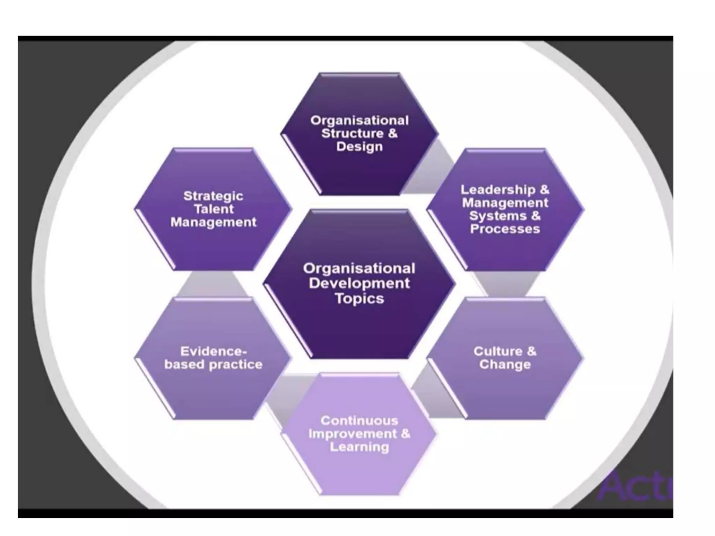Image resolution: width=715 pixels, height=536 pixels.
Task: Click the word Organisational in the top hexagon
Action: point(359,121)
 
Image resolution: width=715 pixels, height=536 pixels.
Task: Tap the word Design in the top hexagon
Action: point(359,147)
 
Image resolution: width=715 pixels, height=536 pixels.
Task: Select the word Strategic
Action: point(213,196)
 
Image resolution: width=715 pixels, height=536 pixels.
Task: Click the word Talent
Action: point(213,209)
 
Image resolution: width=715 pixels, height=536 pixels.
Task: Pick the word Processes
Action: point(505,229)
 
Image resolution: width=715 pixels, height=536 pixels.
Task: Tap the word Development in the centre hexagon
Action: point(359,283)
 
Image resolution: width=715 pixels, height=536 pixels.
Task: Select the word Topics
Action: point(359,299)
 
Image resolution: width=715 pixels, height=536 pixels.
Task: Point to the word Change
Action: point(505,365)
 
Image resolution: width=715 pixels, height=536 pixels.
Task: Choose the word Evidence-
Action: point(213,351)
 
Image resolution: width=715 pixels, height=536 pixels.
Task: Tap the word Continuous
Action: point(359,421)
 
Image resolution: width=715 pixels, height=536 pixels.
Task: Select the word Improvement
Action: point(353,434)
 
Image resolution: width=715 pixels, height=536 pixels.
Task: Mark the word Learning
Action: point(359,447)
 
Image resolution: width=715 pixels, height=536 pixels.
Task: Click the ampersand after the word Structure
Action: point(392,134)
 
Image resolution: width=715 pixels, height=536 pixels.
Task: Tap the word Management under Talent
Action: point(213,223)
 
